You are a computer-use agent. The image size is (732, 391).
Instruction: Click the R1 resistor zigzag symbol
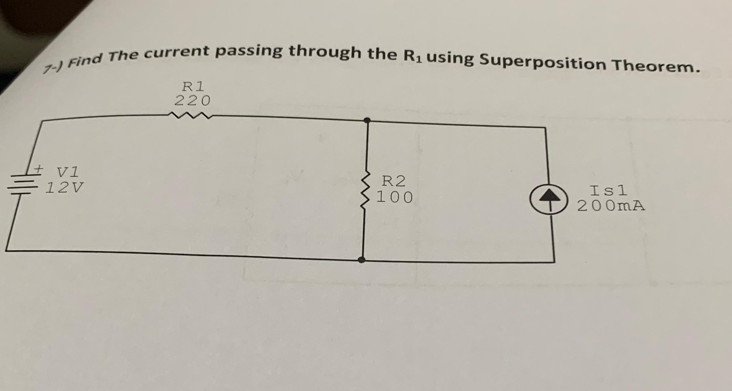[x=190, y=115]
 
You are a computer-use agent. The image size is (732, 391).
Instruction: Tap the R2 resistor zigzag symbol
[x=366, y=190]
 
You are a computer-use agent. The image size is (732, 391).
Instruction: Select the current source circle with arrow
[x=548, y=199]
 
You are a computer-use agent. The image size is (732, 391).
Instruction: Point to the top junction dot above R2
[x=367, y=120]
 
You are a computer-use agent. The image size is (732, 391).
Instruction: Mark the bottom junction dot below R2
[x=362, y=260]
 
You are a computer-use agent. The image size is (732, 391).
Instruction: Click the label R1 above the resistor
[x=193, y=87]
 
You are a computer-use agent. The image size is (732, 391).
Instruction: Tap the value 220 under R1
[x=192, y=101]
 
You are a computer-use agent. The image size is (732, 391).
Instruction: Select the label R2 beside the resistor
[x=393, y=181]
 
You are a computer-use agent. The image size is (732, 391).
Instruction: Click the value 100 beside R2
[x=394, y=197]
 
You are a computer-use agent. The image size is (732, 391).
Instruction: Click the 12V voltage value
[x=64, y=188]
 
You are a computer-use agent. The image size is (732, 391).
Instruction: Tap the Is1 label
[x=608, y=191]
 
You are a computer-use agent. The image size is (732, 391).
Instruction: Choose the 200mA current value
[x=610, y=206]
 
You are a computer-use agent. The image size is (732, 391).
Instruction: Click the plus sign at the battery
[x=39, y=168]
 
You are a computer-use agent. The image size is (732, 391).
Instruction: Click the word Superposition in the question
[x=541, y=63]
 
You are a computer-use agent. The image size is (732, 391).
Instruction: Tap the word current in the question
[x=177, y=52]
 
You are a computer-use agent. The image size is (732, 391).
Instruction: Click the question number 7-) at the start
[x=53, y=68]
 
